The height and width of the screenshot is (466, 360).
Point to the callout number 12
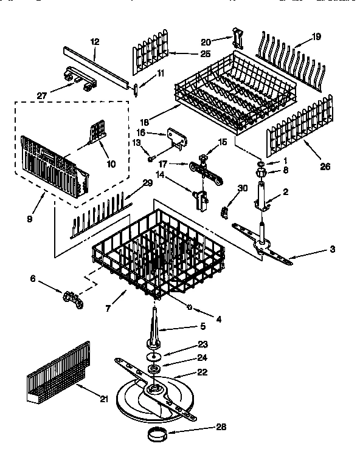(x=94, y=42)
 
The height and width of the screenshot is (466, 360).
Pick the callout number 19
(x=316, y=37)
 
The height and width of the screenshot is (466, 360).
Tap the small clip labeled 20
(x=236, y=38)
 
